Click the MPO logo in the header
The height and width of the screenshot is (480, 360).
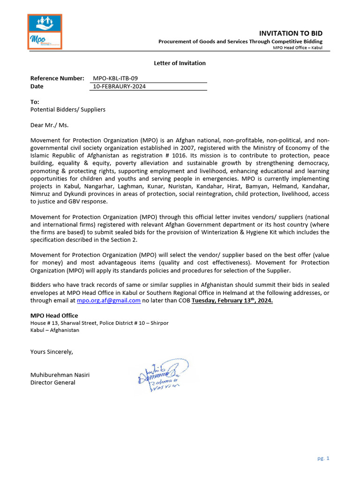coord(45,32)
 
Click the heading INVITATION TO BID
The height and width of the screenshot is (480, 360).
coord(291,33)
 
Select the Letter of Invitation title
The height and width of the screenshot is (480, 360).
coord(180,63)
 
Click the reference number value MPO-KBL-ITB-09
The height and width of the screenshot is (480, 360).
coord(115,78)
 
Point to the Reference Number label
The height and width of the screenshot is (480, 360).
coord(57,78)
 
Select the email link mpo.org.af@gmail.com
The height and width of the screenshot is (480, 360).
coord(108,300)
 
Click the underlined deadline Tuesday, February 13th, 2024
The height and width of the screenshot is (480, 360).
coord(232,300)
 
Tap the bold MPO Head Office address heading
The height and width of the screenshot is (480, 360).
coord(54,315)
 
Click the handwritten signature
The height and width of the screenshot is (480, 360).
coord(162,375)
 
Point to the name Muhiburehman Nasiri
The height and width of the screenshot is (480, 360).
coord(60,375)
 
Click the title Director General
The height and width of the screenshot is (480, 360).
coord(52,382)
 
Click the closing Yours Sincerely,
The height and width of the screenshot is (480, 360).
coord(52,352)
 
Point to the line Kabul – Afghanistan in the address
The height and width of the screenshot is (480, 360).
coord(55,330)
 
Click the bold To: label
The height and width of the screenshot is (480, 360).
coord(35,102)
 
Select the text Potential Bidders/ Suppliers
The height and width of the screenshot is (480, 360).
coord(68,110)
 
